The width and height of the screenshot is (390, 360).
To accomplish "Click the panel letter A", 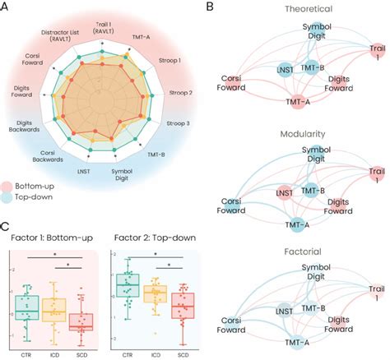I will [7, 7].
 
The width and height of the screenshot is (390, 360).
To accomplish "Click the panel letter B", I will [208, 7].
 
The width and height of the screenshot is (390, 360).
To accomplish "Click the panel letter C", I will [7, 224].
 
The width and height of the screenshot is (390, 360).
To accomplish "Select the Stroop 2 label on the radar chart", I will [179, 93].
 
